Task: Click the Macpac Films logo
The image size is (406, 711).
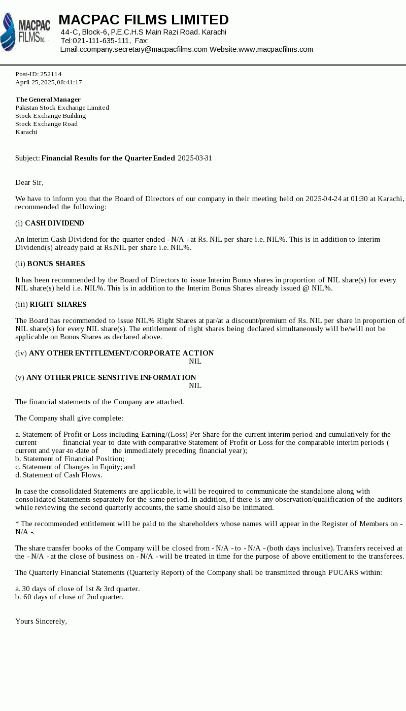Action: point(25,32)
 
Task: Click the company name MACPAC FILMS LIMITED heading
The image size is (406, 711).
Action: point(144,20)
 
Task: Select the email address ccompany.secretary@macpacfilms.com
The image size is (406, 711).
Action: point(144,49)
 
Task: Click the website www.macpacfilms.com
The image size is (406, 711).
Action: point(276,49)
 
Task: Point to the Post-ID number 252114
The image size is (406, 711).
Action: point(51,74)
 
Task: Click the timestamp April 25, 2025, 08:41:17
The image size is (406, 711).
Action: point(49,82)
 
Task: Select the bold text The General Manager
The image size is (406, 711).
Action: point(48,100)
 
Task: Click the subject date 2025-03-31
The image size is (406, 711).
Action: point(195,158)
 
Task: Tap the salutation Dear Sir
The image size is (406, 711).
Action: point(29,182)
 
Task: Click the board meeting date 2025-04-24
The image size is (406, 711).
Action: point(323,199)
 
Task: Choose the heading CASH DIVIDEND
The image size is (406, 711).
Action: point(54,223)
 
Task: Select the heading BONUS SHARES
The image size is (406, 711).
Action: point(56,264)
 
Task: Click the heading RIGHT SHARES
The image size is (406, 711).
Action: point(58,304)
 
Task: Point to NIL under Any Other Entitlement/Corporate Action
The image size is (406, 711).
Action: point(195,361)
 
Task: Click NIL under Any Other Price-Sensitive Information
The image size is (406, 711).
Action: point(195,385)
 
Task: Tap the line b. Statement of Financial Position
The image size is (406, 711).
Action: point(70,459)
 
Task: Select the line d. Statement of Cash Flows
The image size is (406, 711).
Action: point(59,475)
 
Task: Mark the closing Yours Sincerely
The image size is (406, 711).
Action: point(41,621)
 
